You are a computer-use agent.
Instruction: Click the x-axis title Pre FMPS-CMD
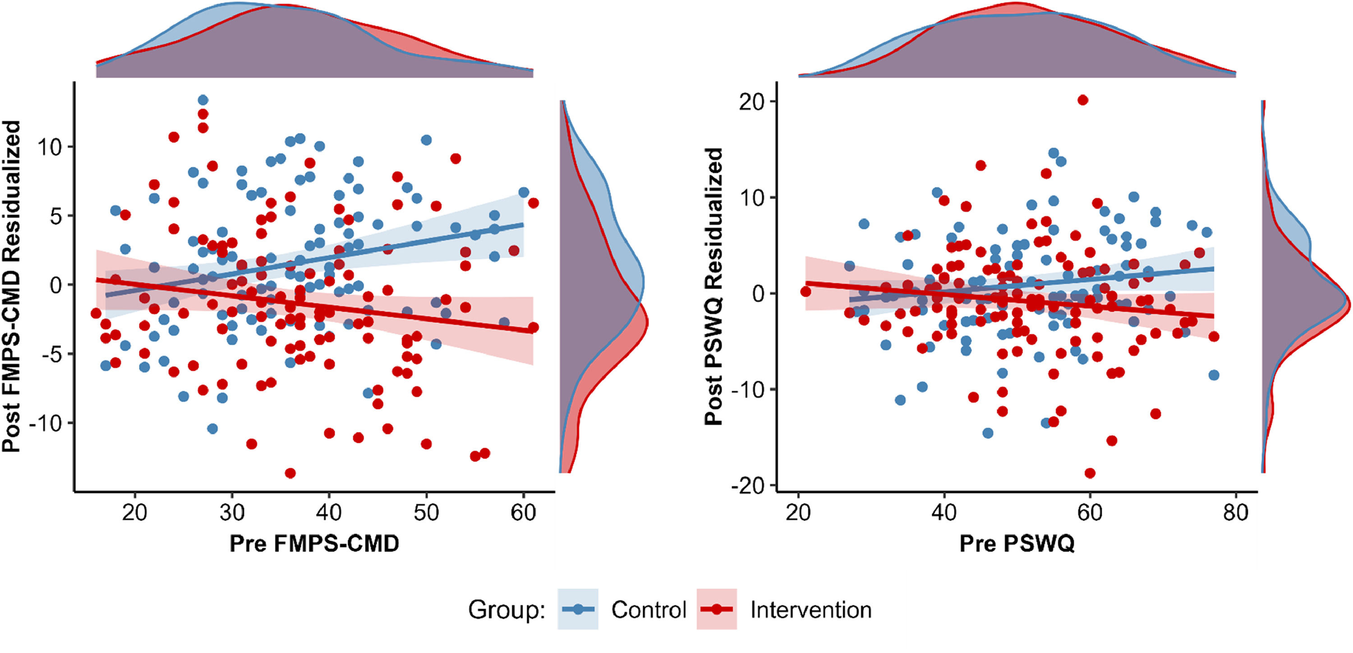[314, 543]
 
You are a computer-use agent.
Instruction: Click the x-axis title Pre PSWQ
[1017, 543]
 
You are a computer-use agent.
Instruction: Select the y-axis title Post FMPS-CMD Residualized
[12, 286]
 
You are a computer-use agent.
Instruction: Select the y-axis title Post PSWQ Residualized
[713, 286]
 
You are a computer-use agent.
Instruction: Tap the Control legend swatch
[578, 609]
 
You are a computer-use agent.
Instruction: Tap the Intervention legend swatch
[717, 609]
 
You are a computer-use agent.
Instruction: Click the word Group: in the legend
[507, 610]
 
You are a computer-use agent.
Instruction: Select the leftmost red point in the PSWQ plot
[805, 292]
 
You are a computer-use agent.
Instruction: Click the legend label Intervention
[811, 610]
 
